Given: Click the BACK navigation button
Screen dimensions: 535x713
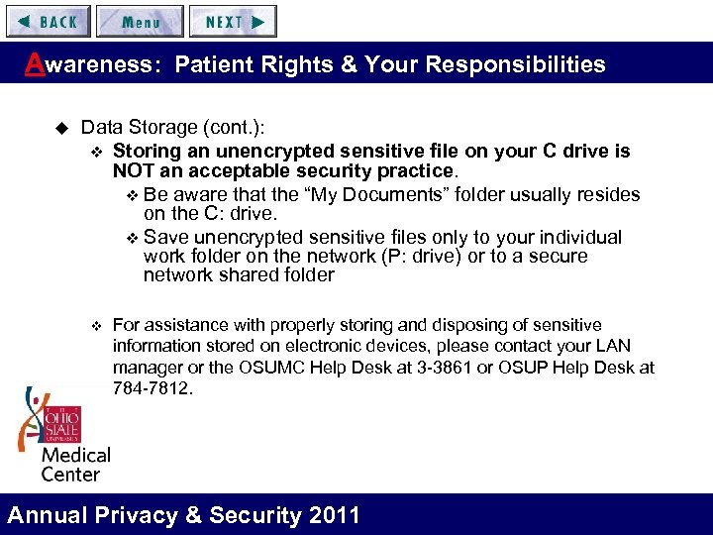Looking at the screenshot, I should click(x=47, y=21).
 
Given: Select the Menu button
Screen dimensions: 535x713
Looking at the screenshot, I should click(x=141, y=21).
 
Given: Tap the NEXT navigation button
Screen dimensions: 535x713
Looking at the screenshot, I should click(x=234, y=21).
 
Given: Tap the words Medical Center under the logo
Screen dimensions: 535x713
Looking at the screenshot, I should click(x=74, y=465).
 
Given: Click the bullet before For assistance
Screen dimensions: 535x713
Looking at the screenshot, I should click(x=95, y=326).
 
